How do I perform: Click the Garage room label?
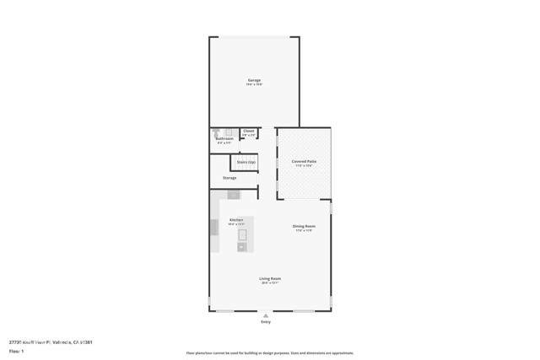253,80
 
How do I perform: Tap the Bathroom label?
224,138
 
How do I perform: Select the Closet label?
248,131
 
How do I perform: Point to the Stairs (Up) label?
246,161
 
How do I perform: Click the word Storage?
229,178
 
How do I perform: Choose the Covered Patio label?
304,161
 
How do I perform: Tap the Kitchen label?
236,220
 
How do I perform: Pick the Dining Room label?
304,227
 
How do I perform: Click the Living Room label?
270,278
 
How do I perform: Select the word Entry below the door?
267,322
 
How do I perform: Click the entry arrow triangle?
267,315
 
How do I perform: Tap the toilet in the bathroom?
217,132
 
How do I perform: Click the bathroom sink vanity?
229,132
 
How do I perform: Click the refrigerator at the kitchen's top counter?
234,195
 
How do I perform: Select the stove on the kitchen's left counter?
214,227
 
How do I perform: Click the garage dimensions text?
253,84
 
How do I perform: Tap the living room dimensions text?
270,282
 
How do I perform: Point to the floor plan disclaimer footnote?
270,353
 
